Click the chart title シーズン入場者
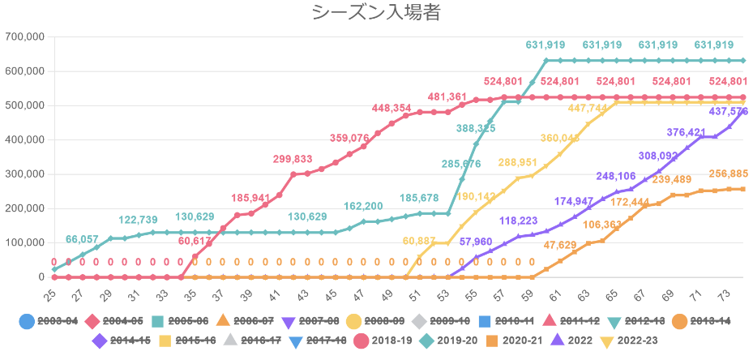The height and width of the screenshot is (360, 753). (376, 13)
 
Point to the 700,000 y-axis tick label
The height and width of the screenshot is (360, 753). (25, 36)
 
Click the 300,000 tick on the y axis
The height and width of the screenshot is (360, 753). (25, 174)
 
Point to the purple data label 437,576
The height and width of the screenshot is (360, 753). (728, 111)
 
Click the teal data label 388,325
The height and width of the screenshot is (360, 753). (477, 128)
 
